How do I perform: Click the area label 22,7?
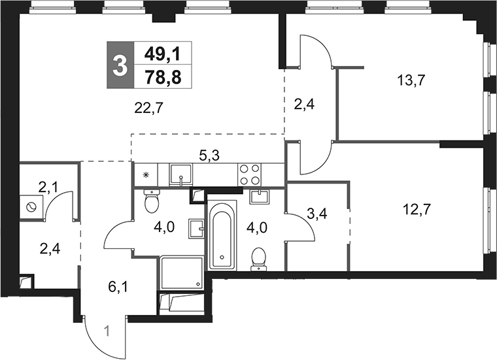(x=148, y=108)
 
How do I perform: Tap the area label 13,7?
(x=411, y=80)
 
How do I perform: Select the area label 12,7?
(x=417, y=209)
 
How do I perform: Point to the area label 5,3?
(x=210, y=155)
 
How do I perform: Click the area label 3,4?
(x=317, y=214)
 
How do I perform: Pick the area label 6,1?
(x=118, y=287)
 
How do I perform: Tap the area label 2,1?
(x=48, y=188)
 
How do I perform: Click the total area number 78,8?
(x=163, y=77)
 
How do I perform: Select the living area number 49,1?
(x=162, y=54)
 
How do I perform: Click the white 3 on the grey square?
(x=120, y=65)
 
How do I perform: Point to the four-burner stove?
(x=249, y=174)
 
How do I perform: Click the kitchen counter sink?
(x=180, y=175)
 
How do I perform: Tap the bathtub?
(x=222, y=235)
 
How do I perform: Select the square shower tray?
(x=182, y=272)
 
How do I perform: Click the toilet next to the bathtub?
(x=259, y=260)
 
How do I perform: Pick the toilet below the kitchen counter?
(x=152, y=201)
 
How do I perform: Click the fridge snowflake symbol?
(x=146, y=174)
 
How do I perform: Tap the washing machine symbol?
(x=31, y=207)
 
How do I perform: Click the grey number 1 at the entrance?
(x=107, y=332)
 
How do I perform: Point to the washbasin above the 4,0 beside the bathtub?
(x=259, y=197)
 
